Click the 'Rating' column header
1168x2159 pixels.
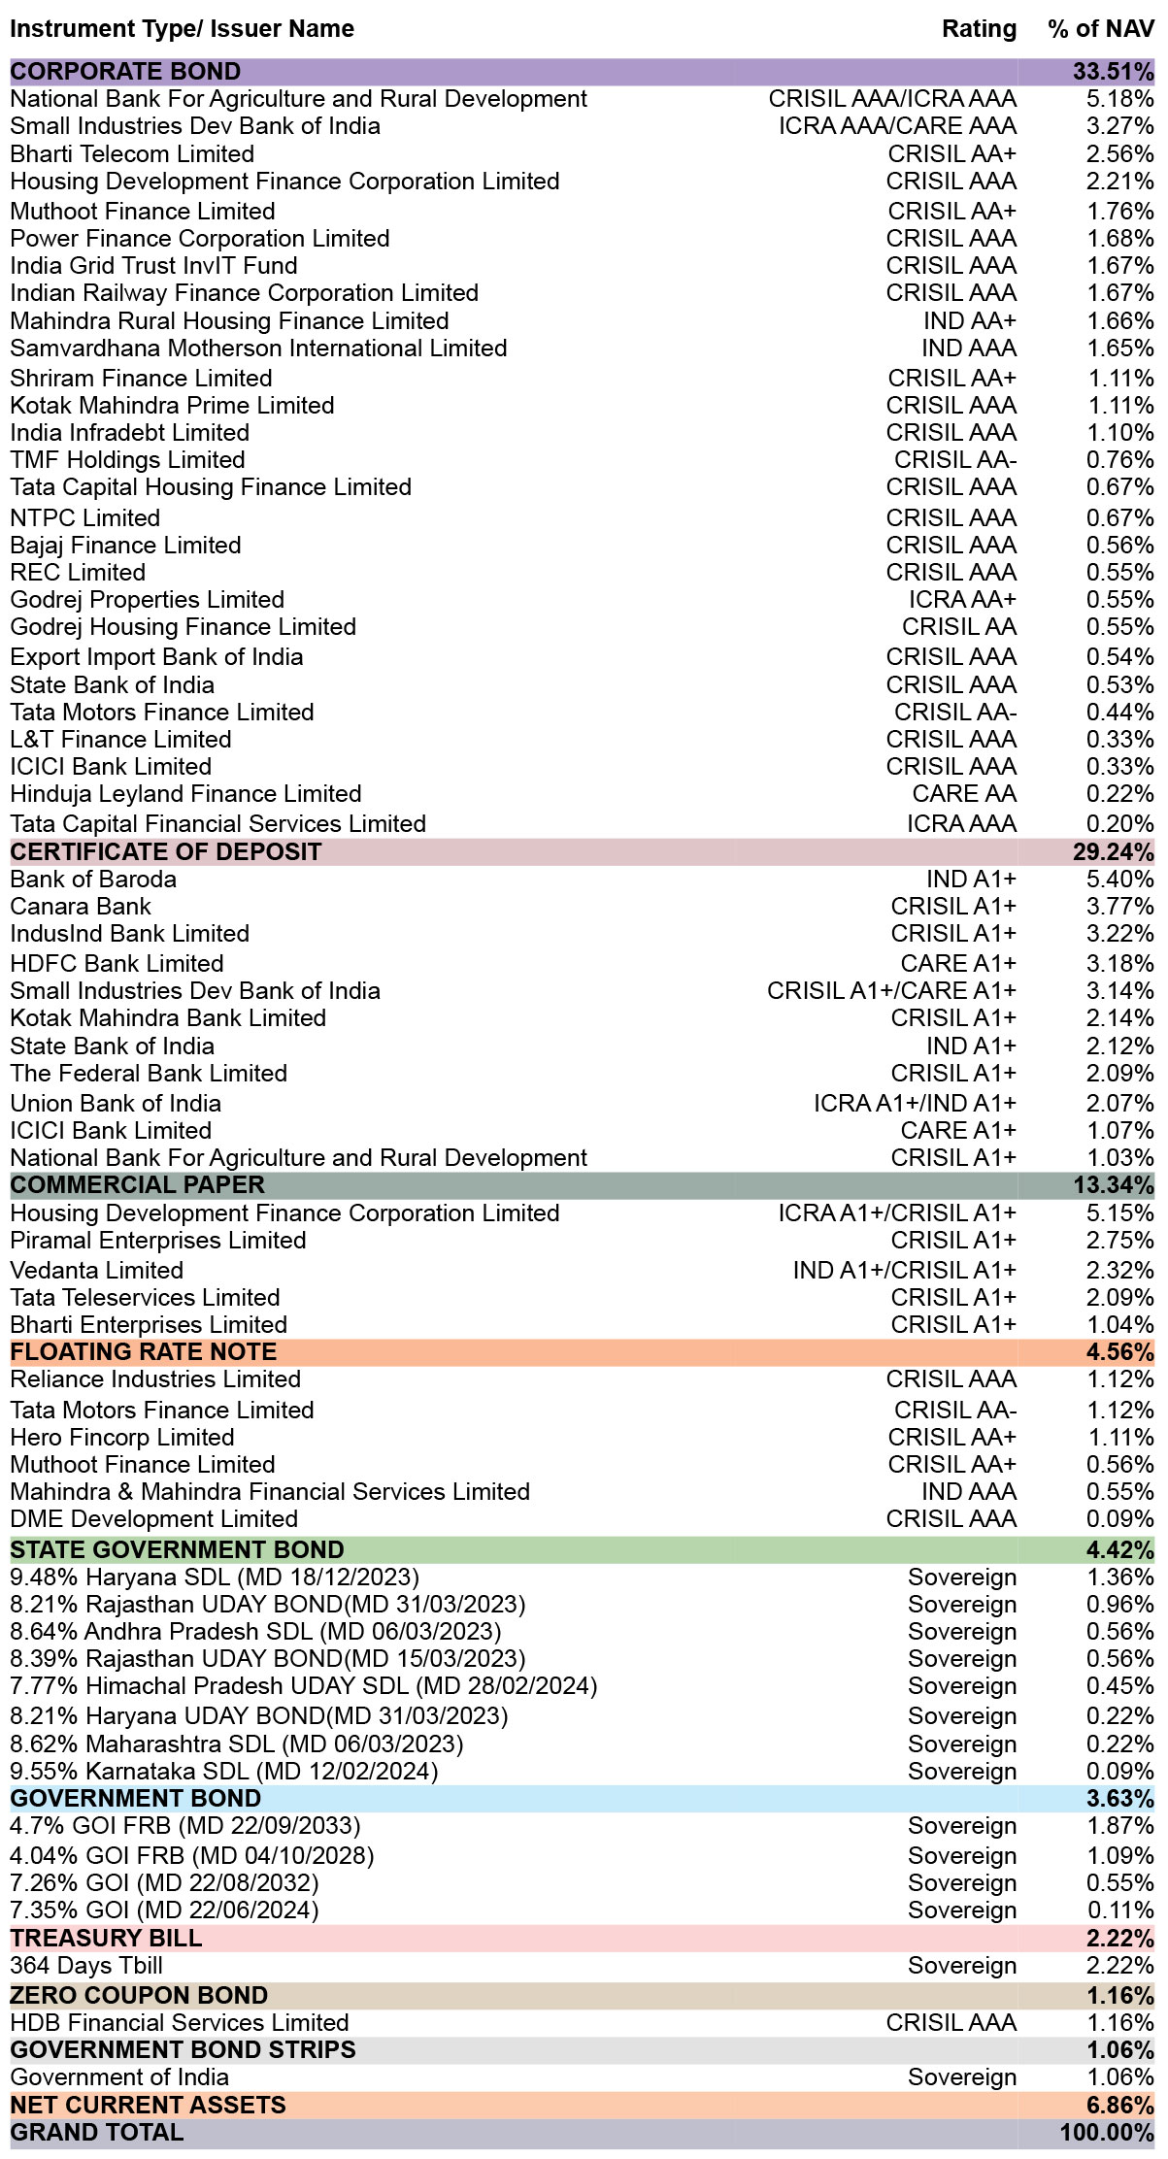979,29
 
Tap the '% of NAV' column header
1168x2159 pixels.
1101,29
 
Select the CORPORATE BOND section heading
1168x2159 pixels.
125,72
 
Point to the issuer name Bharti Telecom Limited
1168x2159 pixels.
132,154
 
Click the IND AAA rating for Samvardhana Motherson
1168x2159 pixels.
969,349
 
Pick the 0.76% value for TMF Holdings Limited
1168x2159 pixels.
1120,460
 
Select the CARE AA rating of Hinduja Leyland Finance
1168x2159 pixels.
964,794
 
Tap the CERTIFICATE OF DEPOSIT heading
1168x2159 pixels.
166,852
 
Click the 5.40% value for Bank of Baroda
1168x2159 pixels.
1120,880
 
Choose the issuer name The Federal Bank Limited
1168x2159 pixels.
149,1074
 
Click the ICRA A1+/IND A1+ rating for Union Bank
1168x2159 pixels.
915,1104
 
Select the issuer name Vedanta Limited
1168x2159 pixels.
97,1271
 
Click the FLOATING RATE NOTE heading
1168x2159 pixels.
144,1352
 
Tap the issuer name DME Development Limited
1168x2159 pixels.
154,1519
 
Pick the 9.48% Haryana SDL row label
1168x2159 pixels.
215,1578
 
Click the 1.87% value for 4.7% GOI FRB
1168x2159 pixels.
1120,1826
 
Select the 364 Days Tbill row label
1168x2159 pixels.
86,1966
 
